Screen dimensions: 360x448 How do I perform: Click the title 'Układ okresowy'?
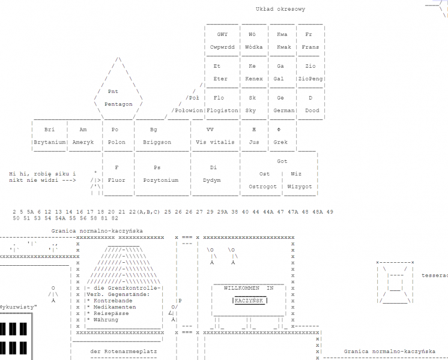pyautogui.click(x=280, y=9)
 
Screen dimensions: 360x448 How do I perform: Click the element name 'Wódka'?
pyautogui.click(x=252, y=47)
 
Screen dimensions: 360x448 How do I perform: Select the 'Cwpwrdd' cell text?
pyautogui.click(x=222, y=47)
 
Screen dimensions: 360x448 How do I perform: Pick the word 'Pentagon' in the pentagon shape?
pyautogui.click(x=118, y=104)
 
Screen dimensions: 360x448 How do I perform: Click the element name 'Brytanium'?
pyautogui.click(x=49, y=142)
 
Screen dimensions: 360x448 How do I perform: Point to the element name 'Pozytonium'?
pyautogui.click(x=160, y=180)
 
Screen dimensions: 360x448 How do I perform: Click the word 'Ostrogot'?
pyautogui.click(x=263, y=187)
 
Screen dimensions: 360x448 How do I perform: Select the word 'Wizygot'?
pyautogui.click(x=299, y=187)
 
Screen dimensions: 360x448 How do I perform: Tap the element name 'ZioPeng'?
pyautogui.click(x=310, y=79)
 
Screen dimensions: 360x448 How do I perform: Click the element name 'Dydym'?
pyautogui.click(x=212, y=180)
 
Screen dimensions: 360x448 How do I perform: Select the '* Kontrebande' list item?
pyautogui.click(x=109, y=301)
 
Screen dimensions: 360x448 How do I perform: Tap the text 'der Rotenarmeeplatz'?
pyautogui.click(x=123, y=352)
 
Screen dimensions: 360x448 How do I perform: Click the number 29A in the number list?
pyautogui.click(x=222, y=212)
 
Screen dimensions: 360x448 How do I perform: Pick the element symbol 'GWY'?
pyautogui.click(x=222, y=34)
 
